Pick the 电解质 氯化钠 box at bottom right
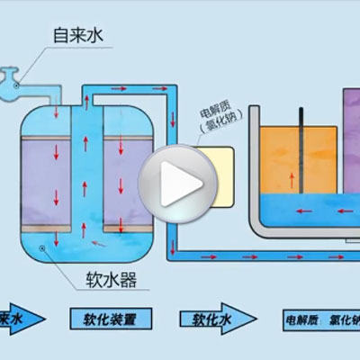[319, 319]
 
